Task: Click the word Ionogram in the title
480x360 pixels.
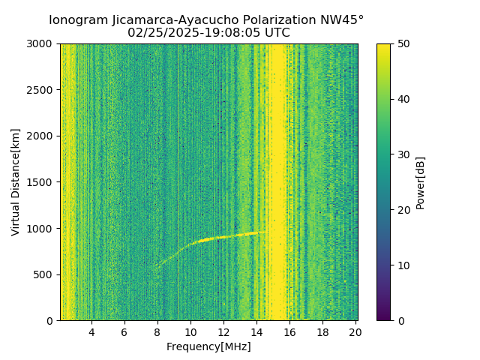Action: [x=77, y=20]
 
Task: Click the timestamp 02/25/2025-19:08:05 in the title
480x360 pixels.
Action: [x=208, y=33]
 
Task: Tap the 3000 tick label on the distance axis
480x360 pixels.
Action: [x=42, y=44]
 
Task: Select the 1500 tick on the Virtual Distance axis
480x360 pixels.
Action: [x=42, y=182]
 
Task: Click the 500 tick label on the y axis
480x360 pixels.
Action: [x=45, y=274]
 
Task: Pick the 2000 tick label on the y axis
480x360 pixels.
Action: [x=42, y=136]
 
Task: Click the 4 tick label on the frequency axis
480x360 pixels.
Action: [x=91, y=331]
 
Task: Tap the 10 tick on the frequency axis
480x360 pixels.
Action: [x=190, y=331]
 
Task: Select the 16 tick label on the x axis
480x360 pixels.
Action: [x=289, y=331]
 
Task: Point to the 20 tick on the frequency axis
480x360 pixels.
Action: [x=355, y=331]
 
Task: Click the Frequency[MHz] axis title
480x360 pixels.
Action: [x=208, y=346]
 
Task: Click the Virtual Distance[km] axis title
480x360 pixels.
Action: [x=16, y=182]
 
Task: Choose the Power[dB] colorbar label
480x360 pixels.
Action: [x=420, y=182]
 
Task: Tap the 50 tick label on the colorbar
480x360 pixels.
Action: [x=402, y=44]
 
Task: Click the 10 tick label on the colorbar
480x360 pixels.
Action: [x=402, y=265]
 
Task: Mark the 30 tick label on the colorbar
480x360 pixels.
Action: [x=402, y=154]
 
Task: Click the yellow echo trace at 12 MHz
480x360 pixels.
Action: [x=223, y=237]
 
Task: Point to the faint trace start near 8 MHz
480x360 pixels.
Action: [x=157, y=265]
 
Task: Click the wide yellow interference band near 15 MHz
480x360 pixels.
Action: [x=278, y=180]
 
